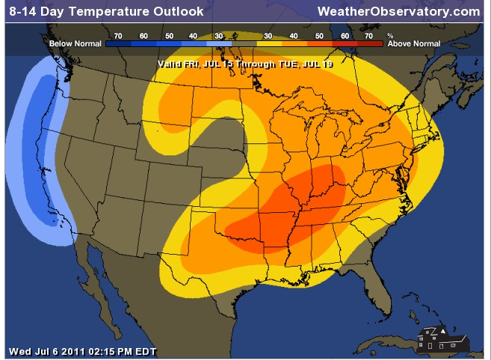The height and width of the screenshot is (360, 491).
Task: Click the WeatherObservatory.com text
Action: point(398,11)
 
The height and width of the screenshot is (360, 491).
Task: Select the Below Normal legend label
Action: point(75,44)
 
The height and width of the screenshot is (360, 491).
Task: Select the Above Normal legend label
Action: point(413,44)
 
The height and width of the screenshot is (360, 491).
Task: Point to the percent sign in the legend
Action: point(389,35)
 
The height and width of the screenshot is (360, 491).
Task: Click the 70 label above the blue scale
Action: point(118,35)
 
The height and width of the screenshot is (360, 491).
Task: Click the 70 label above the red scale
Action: point(368,35)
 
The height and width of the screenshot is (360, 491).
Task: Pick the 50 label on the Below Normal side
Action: point(169,35)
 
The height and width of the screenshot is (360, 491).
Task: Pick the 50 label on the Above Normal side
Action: point(319,35)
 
